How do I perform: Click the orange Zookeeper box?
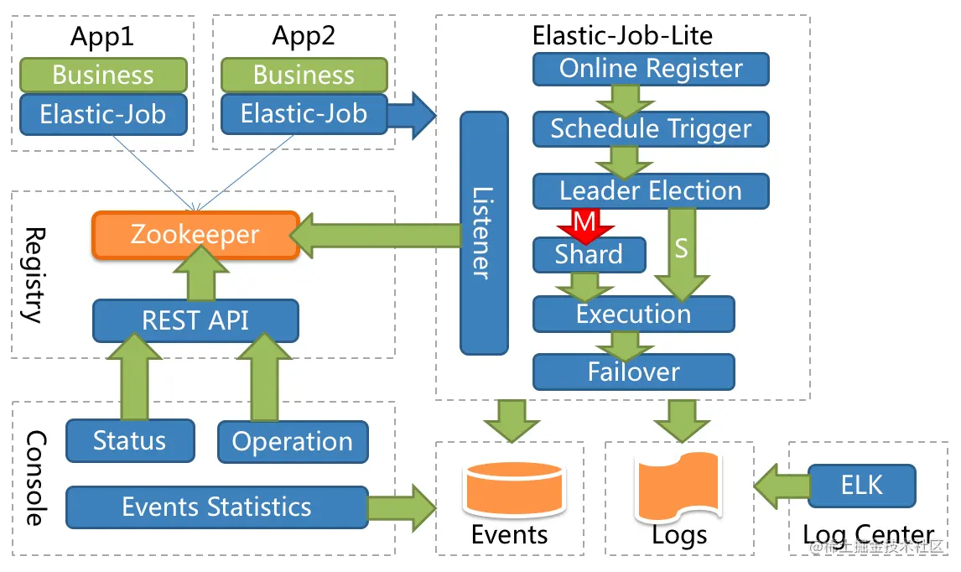tap(195, 234)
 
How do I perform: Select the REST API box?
tap(195, 320)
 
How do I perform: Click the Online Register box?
tap(651, 69)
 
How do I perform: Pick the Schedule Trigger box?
tap(651, 129)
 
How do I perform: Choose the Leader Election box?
tap(651, 190)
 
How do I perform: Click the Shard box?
tap(589, 255)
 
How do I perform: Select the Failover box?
tap(633, 372)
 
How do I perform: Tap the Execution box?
tap(633, 315)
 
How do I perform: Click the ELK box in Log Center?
tap(861, 485)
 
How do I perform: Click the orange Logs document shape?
tap(677, 489)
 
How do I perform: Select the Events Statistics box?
tap(216, 507)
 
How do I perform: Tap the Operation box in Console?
tap(292, 442)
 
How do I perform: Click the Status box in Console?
tap(129, 440)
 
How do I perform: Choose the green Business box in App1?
tap(102, 75)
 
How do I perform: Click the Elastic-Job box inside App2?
tap(304, 114)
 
